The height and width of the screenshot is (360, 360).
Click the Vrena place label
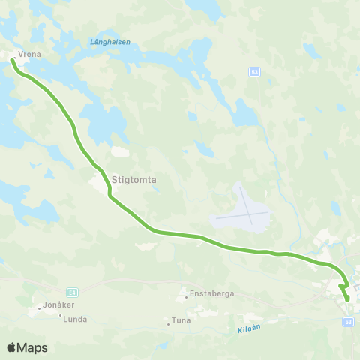pyautogui.click(x=29, y=55)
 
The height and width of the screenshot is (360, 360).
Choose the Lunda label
pyautogui.click(x=76, y=319)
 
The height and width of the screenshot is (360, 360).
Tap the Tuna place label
pyautogui.click(x=181, y=320)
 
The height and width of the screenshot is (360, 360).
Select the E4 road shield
pyautogui.click(x=72, y=292)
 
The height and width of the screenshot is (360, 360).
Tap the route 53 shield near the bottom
pyautogui.click(x=348, y=321)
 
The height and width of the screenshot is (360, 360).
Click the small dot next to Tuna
pyautogui.click(x=168, y=324)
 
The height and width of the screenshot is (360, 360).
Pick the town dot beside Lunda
pyautogui.click(x=61, y=315)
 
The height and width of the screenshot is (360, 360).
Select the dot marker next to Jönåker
pyautogui.click(x=39, y=307)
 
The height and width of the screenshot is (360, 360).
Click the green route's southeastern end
pyautogui.click(x=347, y=299)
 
